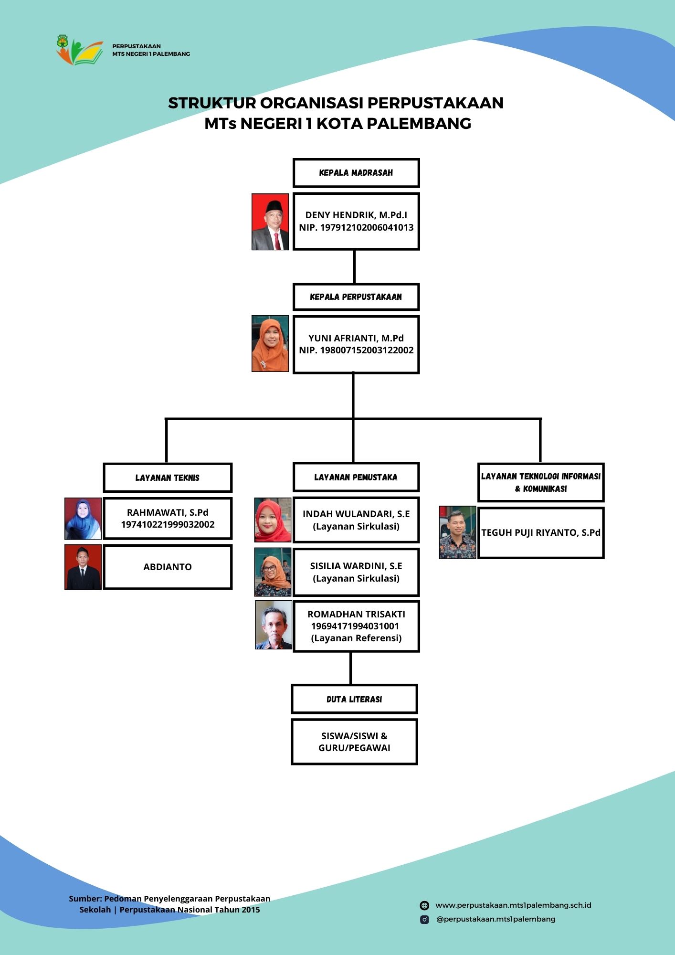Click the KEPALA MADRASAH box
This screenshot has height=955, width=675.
point(356,173)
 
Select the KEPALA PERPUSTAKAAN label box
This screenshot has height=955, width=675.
point(356,297)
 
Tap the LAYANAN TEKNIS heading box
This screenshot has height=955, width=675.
point(168,477)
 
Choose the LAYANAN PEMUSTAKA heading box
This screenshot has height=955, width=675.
point(356,477)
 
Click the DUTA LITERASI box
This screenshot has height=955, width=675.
point(354,699)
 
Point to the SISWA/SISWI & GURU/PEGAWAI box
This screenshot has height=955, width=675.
point(354,742)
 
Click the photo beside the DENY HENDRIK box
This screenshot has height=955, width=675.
point(270,222)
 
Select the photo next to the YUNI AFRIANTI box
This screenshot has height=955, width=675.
point(270,343)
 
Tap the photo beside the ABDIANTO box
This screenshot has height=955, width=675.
point(83,567)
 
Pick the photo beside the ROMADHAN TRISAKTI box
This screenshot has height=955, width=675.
point(274,625)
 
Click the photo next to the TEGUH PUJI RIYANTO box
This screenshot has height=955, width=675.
point(458,532)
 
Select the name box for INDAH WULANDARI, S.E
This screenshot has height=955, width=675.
point(356,520)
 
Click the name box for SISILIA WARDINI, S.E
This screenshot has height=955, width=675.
point(356,572)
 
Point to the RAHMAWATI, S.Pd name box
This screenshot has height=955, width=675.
point(168,519)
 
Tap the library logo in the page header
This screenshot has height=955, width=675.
point(79,49)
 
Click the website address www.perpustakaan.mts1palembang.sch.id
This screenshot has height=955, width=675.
point(513,905)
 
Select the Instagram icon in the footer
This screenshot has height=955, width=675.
point(424,919)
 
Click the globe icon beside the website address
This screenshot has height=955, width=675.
point(424,905)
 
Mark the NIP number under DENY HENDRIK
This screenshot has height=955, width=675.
point(356,227)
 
